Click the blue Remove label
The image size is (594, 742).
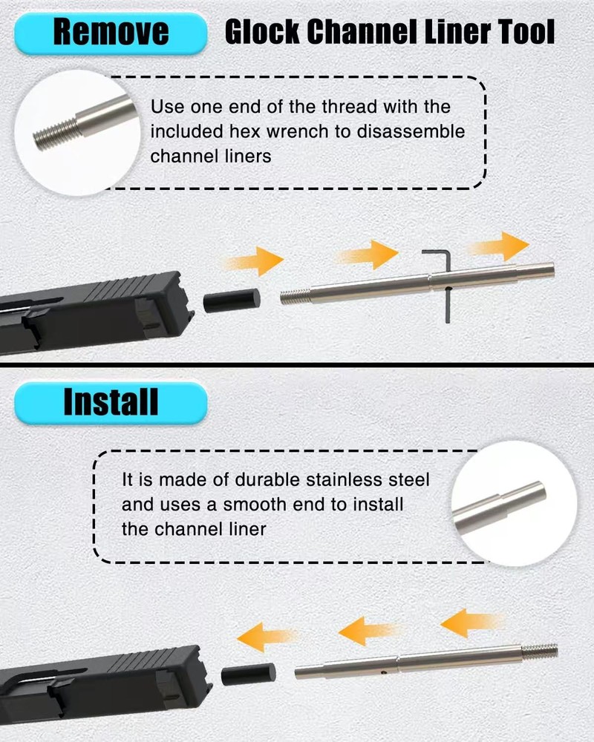111,33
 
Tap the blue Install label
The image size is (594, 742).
111,403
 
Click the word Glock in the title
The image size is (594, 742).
262,32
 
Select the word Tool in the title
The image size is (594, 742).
526,32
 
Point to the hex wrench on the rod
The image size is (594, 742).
447,284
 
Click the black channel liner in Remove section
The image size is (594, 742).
232,301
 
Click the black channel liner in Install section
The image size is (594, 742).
248,674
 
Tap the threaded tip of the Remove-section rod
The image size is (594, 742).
295,298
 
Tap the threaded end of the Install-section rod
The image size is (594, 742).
540,651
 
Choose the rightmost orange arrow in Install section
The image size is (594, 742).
471,623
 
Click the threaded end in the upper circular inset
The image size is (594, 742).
55,134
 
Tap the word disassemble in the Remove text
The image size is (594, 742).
411,131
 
